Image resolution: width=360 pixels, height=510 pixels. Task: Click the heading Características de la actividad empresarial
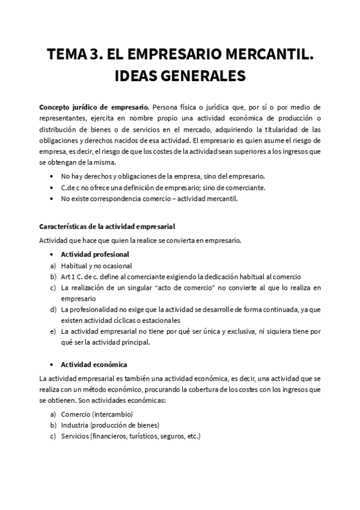point(106,227)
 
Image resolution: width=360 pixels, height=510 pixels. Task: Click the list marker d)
point(53,309)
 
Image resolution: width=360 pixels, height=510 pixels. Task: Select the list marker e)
point(53,331)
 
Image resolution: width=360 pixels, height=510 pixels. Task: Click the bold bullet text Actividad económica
point(94,364)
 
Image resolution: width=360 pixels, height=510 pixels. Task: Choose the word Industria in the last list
point(75,425)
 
